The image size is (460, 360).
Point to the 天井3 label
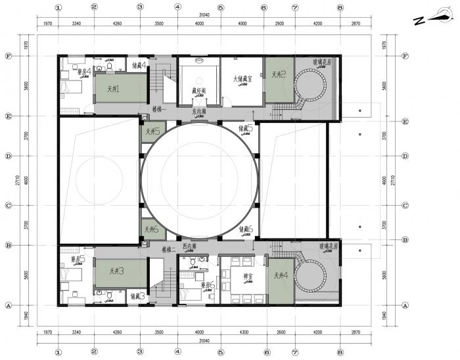click(118, 270)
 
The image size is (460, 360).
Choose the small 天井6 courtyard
click(150, 229)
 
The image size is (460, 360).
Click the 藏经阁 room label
click(199, 91)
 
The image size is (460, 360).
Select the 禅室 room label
click(231, 276)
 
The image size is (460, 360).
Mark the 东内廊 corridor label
click(200, 112)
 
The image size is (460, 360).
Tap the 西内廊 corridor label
click(190, 246)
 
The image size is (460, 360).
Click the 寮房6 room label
click(208, 286)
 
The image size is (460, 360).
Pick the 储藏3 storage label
click(137, 296)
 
